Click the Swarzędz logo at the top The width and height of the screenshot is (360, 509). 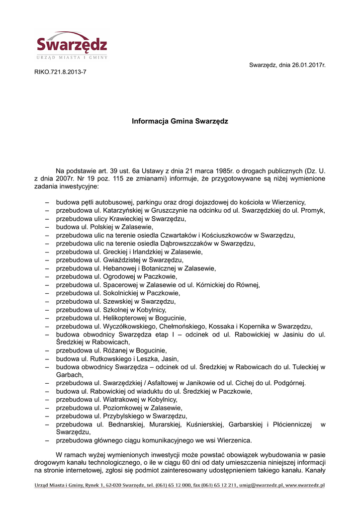(72, 45)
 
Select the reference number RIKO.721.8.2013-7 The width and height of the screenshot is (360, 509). (60, 72)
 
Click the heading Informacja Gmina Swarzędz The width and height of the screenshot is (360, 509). (180, 121)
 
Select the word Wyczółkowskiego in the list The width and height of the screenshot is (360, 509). (129, 326)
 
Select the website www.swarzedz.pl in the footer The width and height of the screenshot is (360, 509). (305, 485)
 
